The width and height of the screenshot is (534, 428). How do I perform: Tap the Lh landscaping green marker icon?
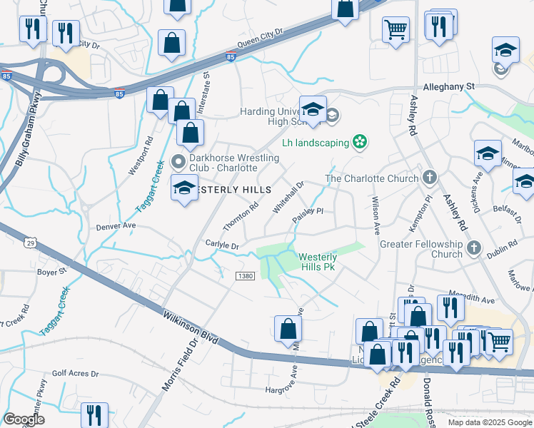click(x=361, y=143)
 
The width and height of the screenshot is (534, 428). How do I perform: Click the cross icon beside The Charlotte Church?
click(x=429, y=178)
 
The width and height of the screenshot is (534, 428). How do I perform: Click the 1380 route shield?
click(x=245, y=276)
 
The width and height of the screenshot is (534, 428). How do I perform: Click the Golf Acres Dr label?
click(x=75, y=374)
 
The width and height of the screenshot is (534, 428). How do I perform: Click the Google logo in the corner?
click(x=24, y=419)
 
